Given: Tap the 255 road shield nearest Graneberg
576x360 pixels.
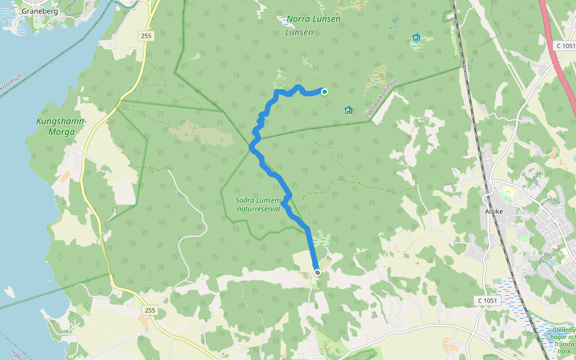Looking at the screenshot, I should click(146, 36).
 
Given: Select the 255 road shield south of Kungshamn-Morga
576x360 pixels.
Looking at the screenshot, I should click(150, 310).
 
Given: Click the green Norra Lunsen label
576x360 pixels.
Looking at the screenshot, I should click(313, 19).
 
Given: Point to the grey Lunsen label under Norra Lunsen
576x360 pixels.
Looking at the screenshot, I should click(299, 32).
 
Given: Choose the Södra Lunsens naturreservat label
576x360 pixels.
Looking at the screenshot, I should click(259, 204).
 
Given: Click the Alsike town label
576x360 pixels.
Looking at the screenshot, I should click(493, 211).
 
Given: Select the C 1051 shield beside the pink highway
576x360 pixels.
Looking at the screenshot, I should click(565, 46).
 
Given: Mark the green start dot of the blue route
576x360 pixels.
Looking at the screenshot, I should click(325, 92).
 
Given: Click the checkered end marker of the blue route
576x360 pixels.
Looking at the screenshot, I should click(317, 272).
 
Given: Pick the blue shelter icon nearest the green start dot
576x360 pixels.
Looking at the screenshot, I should click(349, 110).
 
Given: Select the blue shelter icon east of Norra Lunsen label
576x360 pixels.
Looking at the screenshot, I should click(416, 38).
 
